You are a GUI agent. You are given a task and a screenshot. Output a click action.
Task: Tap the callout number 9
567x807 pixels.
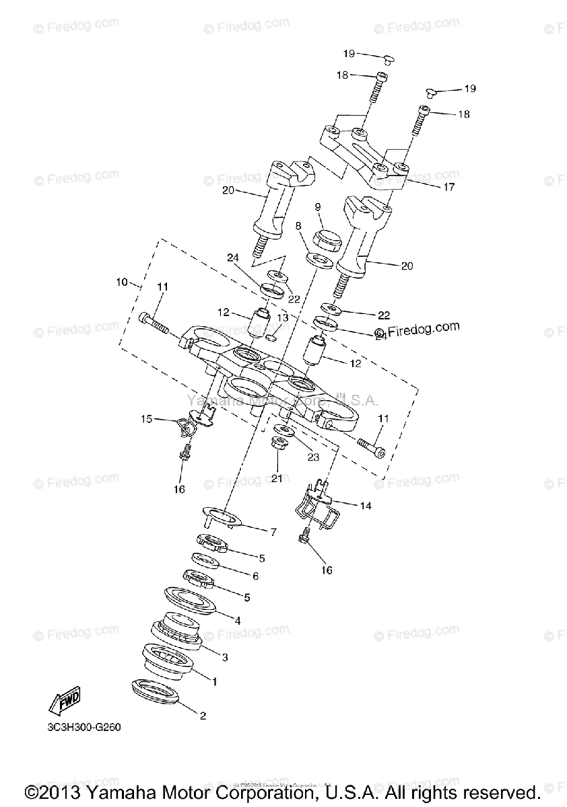tap(318, 206)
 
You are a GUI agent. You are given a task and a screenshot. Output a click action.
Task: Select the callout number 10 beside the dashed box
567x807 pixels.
tap(121, 282)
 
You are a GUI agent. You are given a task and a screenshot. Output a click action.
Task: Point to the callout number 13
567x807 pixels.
tap(283, 317)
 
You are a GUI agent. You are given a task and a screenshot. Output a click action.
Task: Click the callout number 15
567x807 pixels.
tap(146, 419)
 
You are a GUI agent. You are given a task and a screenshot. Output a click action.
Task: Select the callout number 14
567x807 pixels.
tap(366, 505)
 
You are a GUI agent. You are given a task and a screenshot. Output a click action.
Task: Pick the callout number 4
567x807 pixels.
tap(237, 621)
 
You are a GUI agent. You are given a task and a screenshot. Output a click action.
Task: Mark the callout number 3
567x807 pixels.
tap(226, 656)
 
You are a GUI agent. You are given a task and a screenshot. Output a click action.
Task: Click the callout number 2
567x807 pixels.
tap(202, 716)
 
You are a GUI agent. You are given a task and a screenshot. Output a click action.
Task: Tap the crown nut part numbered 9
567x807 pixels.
tap(329, 239)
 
